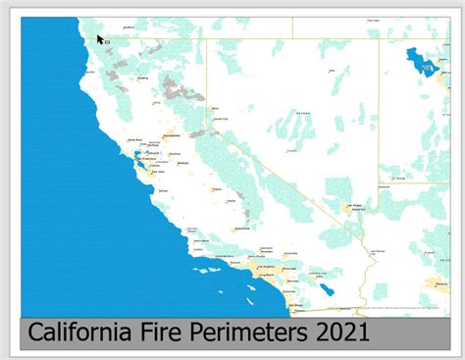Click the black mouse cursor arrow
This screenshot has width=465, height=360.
[x=100, y=40]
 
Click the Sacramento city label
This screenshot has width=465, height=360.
[x=172, y=134]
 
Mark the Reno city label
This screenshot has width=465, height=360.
[x=216, y=109]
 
